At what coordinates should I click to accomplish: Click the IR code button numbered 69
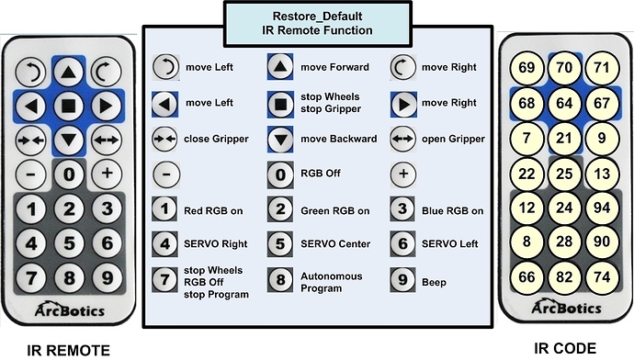pyautogui.click(x=526, y=67)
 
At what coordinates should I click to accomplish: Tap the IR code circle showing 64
pyautogui.click(x=564, y=103)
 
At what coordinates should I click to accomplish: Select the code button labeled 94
pyautogui.click(x=602, y=208)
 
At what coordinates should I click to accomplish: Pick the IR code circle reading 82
pyautogui.click(x=564, y=277)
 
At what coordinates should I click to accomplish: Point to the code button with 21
pyautogui.click(x=564, y=138)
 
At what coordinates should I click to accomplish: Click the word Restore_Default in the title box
pyautogui.click(x=317, y=17)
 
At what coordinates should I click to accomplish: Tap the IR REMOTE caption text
pyautogui.click(x=68, y=350)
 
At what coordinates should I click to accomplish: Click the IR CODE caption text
pyautogui.click(x=565, y=348)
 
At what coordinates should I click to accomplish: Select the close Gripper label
pyautogui.click(x=216, y=139)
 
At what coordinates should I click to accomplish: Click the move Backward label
pyautogui.click(x=338, y=139)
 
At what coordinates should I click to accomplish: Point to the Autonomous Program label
pyautogui.click(x=331, y=282)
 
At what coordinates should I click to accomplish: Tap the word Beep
pyautogui.click(x=434, y=283)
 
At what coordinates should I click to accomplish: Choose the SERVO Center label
pyautogui.click(x=335, y=244)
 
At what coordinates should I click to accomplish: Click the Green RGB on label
pyautogui.click(x=334, y=211)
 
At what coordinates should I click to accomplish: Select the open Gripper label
pyautogui.click(x=453, y=139)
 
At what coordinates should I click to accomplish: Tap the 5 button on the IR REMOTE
pyautogui.click(x=69, y=243)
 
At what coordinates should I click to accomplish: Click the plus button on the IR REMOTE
pyautogui.click(x=107, y=174)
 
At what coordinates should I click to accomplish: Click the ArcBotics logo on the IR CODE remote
pyautogui.click(x=566, y=308)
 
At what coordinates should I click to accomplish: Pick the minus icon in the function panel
pyautogui.click(x=166, y=175)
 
